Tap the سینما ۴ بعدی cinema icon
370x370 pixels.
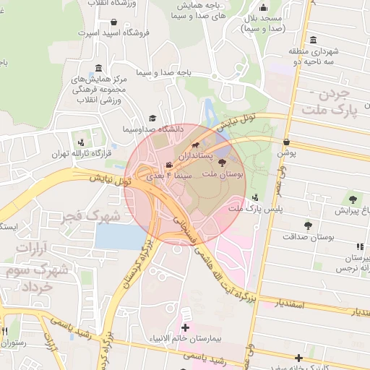[169, 165]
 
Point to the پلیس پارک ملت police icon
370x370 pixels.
[254, 197]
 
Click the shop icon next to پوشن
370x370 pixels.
[287, 142]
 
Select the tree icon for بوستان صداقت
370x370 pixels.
[309, 225]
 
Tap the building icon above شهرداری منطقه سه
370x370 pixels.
[312, 40]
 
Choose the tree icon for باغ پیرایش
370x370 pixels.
[353, 199]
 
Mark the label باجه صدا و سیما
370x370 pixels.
[145, 73]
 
